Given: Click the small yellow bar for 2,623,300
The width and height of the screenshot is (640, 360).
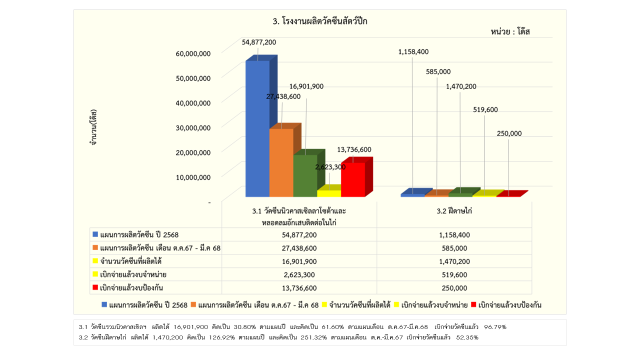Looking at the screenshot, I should pos(328,193).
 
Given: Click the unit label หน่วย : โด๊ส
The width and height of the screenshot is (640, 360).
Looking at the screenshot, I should pos(509,31).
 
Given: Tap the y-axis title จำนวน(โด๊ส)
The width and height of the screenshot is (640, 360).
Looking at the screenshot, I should pos(93,127).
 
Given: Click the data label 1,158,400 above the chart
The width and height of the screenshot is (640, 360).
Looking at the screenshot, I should pos(413,51).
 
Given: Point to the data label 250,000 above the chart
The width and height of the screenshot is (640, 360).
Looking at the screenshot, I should pos(509,133).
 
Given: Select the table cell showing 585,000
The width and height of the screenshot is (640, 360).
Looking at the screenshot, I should pos(454,248).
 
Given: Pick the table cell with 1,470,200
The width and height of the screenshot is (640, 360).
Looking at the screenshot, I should pos(454,261).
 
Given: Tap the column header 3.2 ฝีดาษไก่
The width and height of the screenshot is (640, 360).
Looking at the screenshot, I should pos(454,211).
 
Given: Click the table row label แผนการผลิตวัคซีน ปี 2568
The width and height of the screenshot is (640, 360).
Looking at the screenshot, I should pos(139,234).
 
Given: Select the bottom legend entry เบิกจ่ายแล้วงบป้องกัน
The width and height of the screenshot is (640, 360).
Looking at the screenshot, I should pos(509,304).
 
